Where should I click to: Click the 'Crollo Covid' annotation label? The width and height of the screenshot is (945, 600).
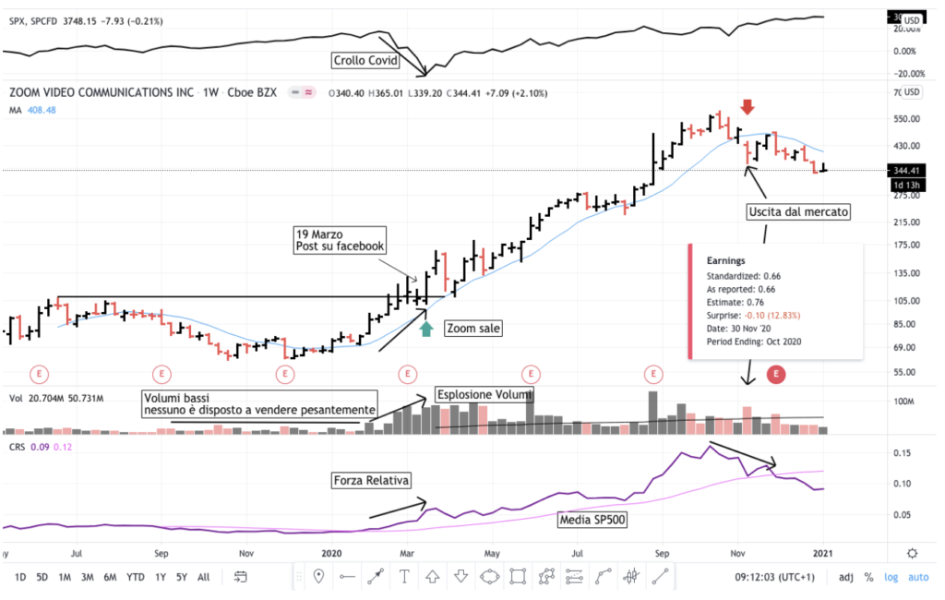(365, 62)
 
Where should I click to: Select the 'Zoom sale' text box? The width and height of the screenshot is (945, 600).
(473, 328)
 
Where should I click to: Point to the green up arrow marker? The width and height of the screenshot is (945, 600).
(425, 328)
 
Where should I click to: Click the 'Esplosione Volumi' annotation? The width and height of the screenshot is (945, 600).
(485, 395)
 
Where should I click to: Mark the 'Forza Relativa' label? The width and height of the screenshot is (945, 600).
(371, 481)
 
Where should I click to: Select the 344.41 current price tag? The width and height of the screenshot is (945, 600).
(909, 171)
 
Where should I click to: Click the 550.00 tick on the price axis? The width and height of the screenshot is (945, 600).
(909, 119)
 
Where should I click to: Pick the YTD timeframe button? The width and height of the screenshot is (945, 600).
(135, 578)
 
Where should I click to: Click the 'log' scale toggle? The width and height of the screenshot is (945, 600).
(891, 578)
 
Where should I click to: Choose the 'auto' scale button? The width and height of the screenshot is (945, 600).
(918, 578)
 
